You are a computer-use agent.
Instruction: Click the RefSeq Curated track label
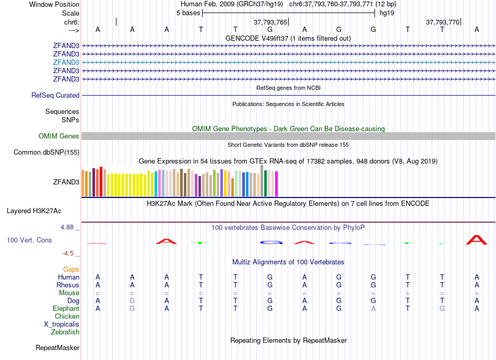pos(55,96)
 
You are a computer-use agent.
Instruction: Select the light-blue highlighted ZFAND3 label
pos(66,62)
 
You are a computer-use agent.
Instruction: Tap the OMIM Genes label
pos(59,136)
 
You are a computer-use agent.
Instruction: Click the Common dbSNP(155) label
pos(46,153)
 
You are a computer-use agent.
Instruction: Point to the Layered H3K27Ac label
pos(34,211)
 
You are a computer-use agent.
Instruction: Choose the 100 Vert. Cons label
pos(29,240)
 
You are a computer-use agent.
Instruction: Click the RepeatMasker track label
pos(57,348)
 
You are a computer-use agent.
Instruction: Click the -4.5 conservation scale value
pos(68,253)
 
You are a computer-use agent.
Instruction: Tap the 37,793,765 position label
pos(270,22)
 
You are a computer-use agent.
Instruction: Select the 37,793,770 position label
pos(443,22)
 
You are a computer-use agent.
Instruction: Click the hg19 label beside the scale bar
pos(387,13)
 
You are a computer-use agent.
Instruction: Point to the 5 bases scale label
pos(188,13)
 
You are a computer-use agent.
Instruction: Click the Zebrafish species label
pos(65,332)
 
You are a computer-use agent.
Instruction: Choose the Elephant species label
pos(66,309)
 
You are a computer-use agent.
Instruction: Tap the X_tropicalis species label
pos(62,324)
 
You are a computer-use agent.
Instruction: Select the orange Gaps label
pos(71,270)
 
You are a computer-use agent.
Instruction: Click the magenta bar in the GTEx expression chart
pos(277,184)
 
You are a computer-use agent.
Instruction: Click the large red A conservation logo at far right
pos(476,240)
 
